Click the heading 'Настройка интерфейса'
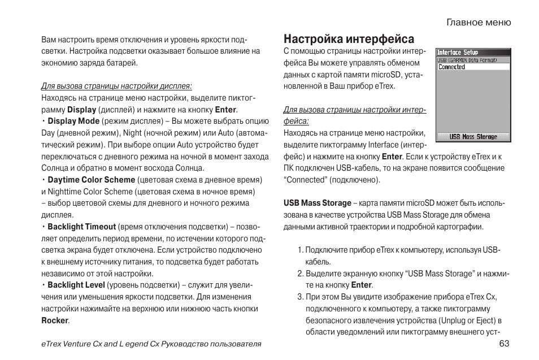(349, 39)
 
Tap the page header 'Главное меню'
(479, 23)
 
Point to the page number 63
(505, 344)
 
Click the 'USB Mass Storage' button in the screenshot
(473, 137)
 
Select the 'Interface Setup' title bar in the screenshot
(458, 53)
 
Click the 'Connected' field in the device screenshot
(473, 67)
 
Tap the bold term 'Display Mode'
(73, 121)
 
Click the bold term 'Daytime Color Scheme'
(91, 180)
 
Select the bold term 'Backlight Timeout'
(81, 227)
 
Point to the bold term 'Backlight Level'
(76, 285)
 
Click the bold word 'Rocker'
(55, 320)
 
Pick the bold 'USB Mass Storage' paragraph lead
(317, 203)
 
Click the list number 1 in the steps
(299, 250)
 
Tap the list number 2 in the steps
(300, 274)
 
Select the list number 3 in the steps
(300, 297)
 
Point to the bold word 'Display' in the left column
(82, 110)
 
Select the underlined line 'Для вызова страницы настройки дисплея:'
(116, 86)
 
